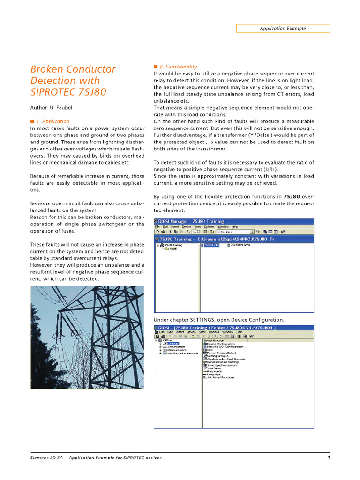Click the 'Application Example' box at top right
coord(283,28)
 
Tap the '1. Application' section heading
coord(52,121)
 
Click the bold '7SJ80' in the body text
coord(292,197)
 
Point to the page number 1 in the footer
coord(329,457)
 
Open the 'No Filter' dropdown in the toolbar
coord(252,232)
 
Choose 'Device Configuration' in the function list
coord(222,344)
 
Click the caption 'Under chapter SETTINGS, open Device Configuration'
coord(219,320)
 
